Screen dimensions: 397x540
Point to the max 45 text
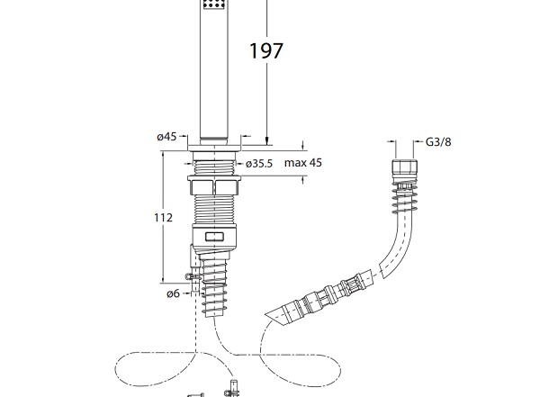click(303, 163)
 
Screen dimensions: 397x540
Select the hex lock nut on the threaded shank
click(216, 186)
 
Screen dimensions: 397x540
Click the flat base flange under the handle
click(216, 143)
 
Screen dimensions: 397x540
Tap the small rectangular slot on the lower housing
click(216, 238)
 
